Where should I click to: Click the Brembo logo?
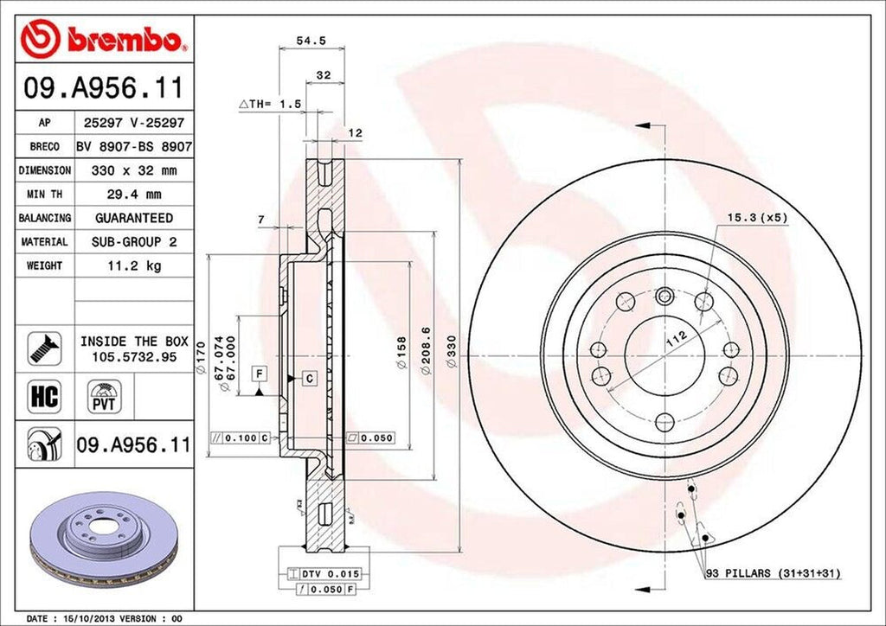tap(104, 39)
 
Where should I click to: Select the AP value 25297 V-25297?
tap(134, 124)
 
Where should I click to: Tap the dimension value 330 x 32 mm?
tap(134, 171)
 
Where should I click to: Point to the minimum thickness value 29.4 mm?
tap(134, 195)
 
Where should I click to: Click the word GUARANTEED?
tap(134, 218)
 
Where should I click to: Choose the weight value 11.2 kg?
tap(134, 265)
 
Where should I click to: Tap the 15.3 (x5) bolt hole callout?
tap(756, 218)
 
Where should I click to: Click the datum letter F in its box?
tap(258, 374)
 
